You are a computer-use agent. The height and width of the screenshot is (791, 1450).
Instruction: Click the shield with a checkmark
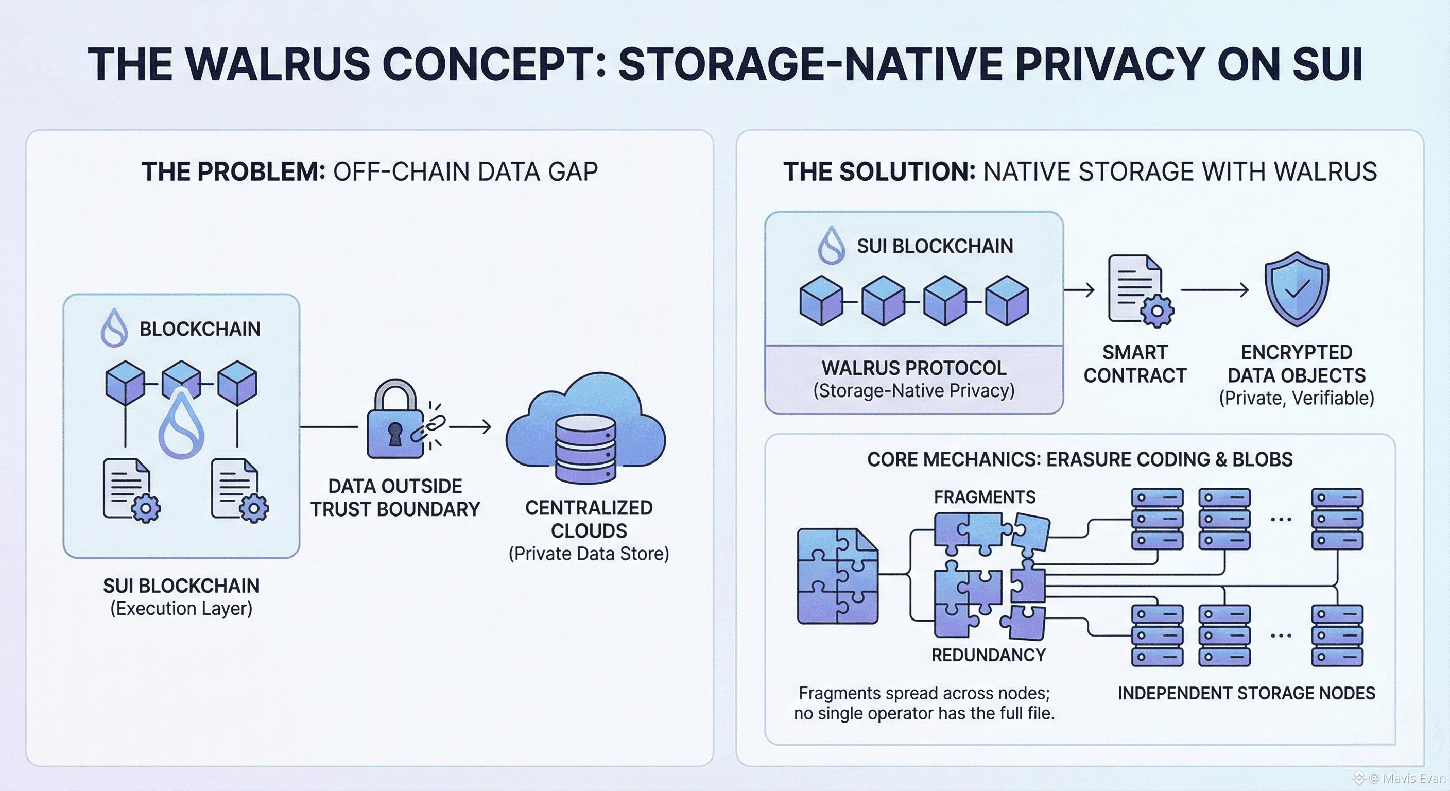pyautogui.click(x=1297, y=289)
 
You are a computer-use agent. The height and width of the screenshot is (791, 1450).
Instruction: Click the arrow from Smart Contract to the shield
pyautogui.click(x=1214, y=290)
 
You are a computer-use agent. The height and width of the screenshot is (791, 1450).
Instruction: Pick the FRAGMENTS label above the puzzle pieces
pyautogui.click(x=985, y=497)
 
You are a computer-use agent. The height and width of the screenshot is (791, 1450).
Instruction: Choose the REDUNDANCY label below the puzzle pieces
pyautogui.click(x=989, y=655)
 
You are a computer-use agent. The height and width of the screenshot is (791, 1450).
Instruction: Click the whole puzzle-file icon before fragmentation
pyautogui.click(x=838, y=575)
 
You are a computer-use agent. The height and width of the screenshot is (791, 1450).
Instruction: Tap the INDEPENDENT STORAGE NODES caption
pyautogui.click(x=1246, y=693)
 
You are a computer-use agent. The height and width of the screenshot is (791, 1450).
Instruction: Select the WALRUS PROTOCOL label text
pyautogui.click(x=913, y=368)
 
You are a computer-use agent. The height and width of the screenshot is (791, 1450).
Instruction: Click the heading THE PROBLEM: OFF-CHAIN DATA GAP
pyautogui.click(x=369, y=171)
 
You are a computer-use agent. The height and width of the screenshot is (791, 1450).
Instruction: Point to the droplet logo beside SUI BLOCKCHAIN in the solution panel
pyautogui.click(x=832, y=246)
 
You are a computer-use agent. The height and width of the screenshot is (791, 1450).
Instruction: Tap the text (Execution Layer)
pyautogui.click(x=181, y=609)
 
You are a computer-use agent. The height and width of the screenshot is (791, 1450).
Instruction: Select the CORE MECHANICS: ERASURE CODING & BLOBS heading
pyautogui.click(x=1080, y=459)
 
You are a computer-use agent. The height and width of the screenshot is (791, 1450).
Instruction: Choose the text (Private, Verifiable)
pyautogui.click(x=1297, y=399)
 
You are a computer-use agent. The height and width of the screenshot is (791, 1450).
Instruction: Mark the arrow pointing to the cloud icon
pyautogui.click(x=470, y=427)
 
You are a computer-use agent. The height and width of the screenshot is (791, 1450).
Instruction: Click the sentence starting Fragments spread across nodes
pyautogui.click(x=924, y=703)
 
